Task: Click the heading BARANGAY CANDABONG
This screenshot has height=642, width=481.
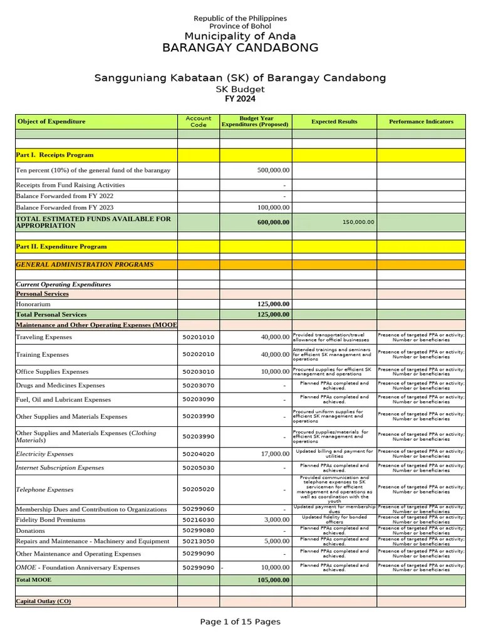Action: (240, 48)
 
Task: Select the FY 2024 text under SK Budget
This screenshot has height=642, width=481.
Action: (240, 98)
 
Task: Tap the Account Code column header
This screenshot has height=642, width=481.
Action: (198, 121)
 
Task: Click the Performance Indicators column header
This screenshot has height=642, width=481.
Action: (421, 121)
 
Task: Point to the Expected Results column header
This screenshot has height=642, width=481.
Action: (334, 121)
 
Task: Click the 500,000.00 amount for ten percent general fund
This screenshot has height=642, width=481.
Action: (273, 170)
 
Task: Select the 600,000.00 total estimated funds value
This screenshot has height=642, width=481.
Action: (273, 222)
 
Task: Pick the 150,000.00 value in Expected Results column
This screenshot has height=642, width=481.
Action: (358, 222)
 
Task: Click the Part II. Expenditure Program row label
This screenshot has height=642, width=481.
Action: (61, 246)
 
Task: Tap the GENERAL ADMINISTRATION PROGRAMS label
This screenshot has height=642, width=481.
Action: (85, 265)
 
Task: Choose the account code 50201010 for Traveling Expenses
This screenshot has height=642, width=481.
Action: (198, 337)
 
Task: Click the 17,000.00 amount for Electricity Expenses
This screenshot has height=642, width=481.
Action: (276, 454)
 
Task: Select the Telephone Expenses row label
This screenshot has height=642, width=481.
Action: (44, 490)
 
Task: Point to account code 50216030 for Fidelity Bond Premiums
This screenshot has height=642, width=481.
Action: (198, 520)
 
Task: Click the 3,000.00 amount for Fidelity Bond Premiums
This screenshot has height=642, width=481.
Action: (277, 520)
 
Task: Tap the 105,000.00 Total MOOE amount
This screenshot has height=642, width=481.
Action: (273, 580)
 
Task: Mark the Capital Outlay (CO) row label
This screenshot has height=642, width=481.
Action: (43, 601)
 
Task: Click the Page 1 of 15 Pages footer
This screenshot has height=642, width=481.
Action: (240, 622)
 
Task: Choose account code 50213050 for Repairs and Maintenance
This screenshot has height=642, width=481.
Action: (198, 540)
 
